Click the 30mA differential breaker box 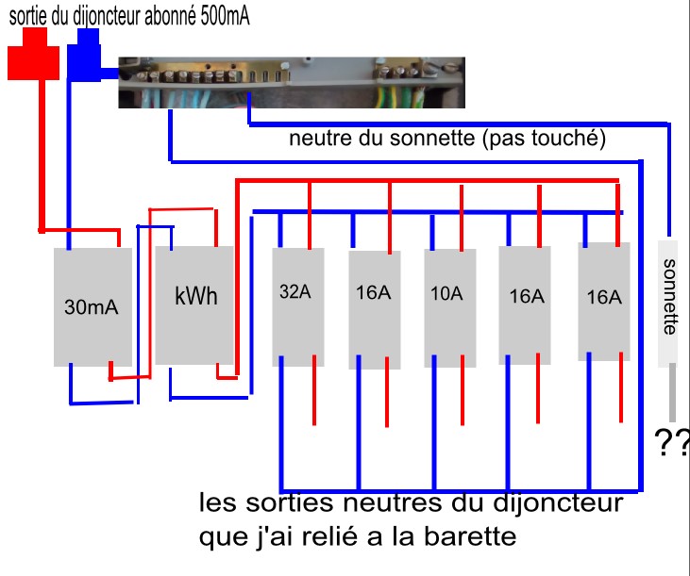93,306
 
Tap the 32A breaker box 297,306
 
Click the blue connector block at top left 87,58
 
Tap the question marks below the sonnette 671,443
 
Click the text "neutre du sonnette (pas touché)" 446,140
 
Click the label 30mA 91,306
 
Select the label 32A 295,292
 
